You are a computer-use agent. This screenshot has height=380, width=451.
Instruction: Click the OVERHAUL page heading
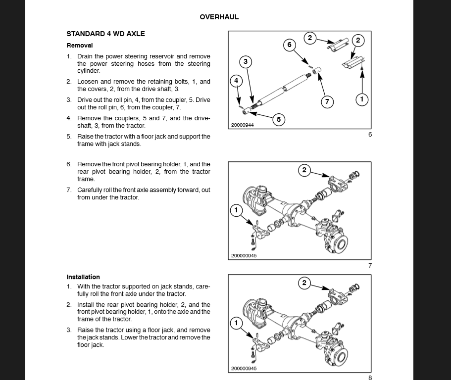[x=219, y=17]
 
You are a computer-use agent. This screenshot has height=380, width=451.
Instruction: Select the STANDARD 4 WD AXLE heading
[x=105, y=34]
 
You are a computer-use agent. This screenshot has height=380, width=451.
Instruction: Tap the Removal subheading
[x=80, y=45]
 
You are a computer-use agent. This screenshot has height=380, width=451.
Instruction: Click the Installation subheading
[x=83, y=277]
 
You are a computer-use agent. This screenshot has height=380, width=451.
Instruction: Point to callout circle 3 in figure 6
[x=246, y=62]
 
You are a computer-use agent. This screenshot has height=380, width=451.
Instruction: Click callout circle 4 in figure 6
[x=237, y=80]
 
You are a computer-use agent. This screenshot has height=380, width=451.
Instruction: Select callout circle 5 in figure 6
[x=279, y=119]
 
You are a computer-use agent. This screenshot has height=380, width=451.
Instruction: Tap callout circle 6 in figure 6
[x=290, y=45]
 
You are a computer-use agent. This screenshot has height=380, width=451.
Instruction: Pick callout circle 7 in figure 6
[x=327, y=102]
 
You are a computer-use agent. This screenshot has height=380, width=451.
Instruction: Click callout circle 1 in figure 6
[x=362, y=99]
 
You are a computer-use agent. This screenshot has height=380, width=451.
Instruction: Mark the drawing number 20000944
[x=243, y=125]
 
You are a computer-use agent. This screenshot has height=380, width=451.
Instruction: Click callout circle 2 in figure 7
[x=304, y=170]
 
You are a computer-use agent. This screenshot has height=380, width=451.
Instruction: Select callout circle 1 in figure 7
[x=236, y=210]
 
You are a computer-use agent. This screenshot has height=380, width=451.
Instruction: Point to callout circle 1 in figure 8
[x=236, y=323]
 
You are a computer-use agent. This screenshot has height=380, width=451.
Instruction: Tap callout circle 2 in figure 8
[x=304, y=283]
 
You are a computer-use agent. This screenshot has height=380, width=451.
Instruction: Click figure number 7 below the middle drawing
[x=369, y=266]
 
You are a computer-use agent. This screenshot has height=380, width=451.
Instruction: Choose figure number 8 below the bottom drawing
[x=369, y=378]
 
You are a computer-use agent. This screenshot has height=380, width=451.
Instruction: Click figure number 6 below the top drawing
[x=369, y=135]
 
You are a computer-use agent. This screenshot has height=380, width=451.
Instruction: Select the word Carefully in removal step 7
[x=90, y=190]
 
